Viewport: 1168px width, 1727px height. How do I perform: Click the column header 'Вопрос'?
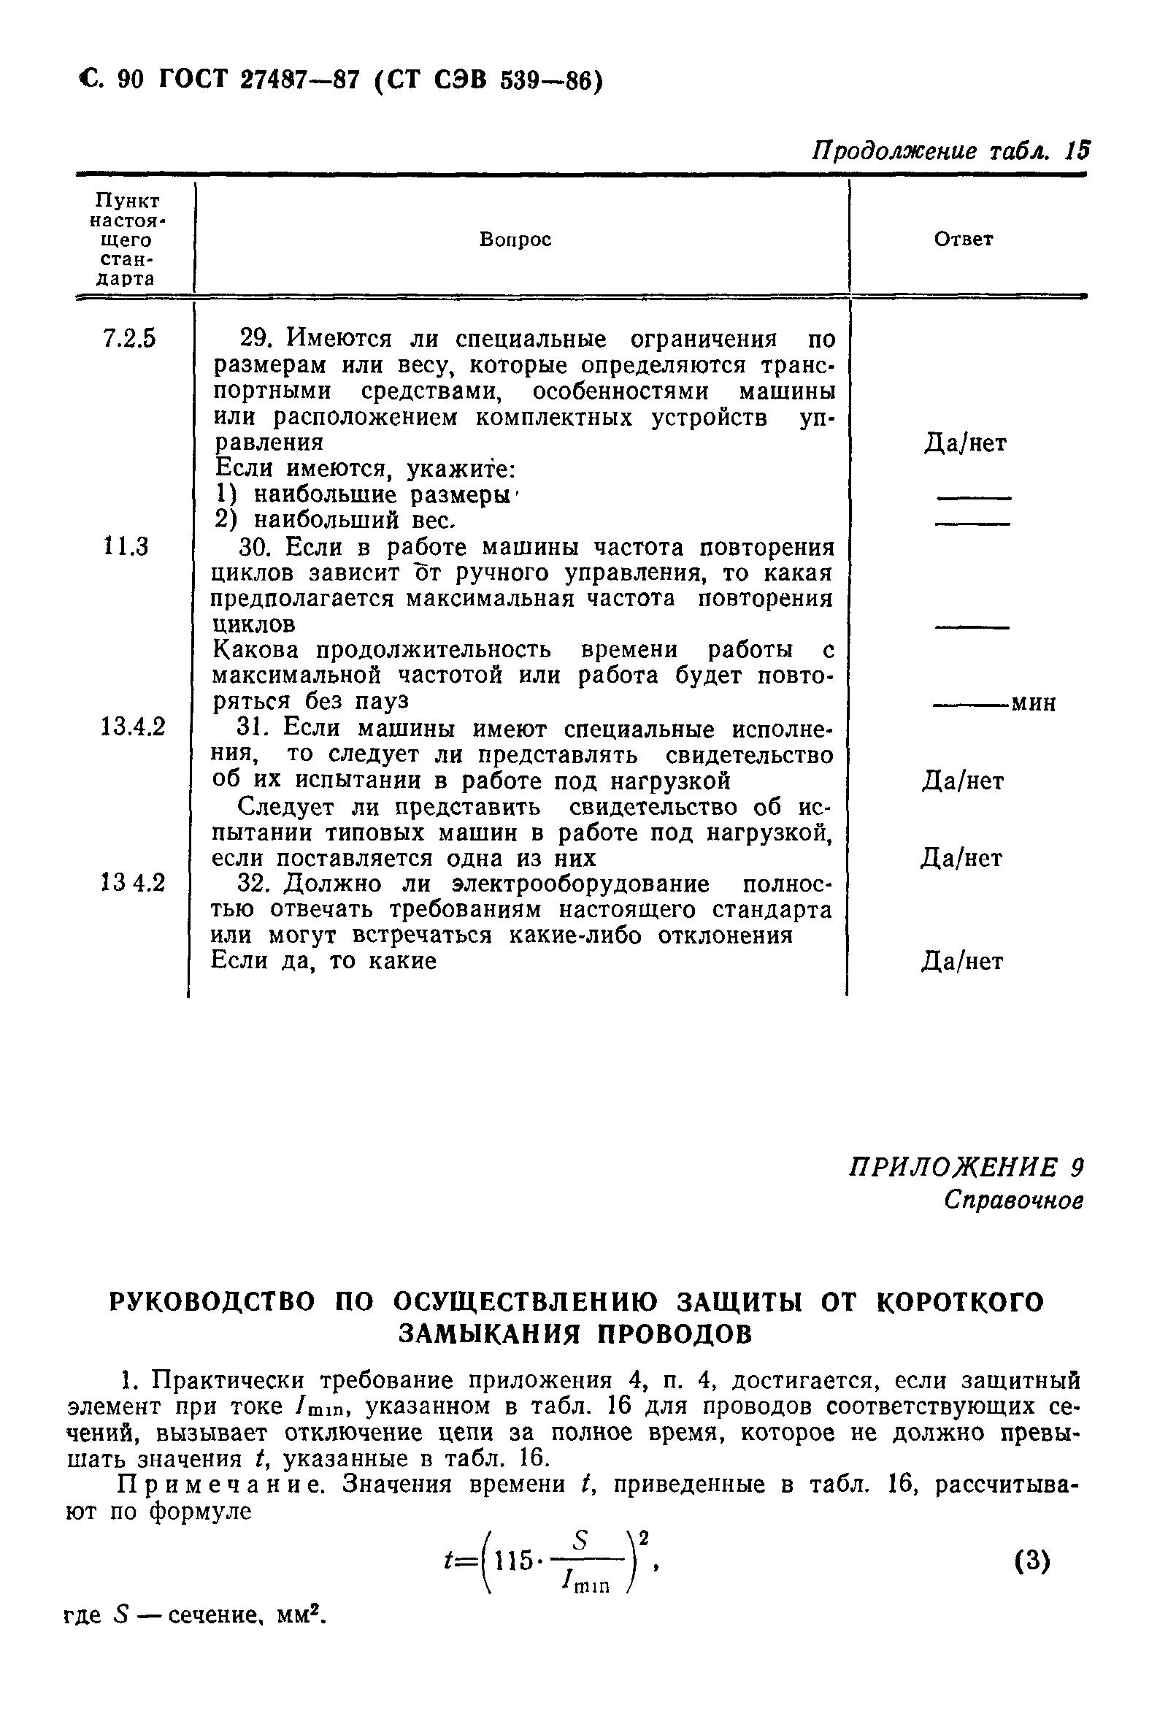pos(515,240)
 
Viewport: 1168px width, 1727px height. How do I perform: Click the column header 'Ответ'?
pos(963,240)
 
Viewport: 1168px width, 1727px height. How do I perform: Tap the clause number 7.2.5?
pos(128,339)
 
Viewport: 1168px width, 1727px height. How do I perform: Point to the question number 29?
pos(255,339)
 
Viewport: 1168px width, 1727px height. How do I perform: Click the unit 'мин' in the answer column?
pos(1034,703)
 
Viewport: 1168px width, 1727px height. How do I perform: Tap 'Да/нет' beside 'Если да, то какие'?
pos(962,962)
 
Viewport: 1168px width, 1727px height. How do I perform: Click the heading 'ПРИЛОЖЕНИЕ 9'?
pos(966,1169)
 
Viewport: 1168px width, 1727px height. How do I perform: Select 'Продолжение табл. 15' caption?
pos(951,152)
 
